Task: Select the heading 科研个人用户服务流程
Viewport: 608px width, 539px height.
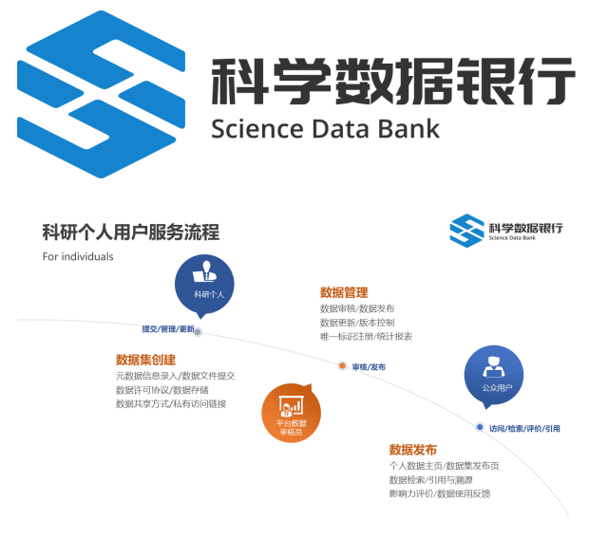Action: (131, 232)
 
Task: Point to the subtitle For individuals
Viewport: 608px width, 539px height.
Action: (78, 256)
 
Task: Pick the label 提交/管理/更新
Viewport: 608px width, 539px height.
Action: (168, 329)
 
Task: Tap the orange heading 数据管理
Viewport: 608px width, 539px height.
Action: (344, 292)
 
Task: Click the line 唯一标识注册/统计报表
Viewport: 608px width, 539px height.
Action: (367, 337)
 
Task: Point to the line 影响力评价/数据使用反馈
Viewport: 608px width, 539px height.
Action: (439, 493)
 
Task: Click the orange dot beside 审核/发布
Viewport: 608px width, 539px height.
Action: (342, 366)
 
